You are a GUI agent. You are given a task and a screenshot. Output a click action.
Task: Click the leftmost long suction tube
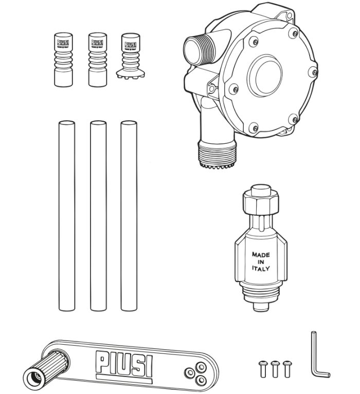pyautogui.click(x=66, y=216)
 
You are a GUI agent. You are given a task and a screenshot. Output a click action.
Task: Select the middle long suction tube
pyautogui.click(x=98, y=216)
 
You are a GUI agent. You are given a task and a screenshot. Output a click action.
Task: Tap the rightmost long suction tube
pyautogui.click(x=129, y=216)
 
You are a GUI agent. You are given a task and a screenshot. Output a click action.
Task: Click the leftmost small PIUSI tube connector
pyautogui.click(x=64, y=59)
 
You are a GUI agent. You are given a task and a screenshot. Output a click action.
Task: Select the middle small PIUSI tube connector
pyautogui.click(x=97, y=59)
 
